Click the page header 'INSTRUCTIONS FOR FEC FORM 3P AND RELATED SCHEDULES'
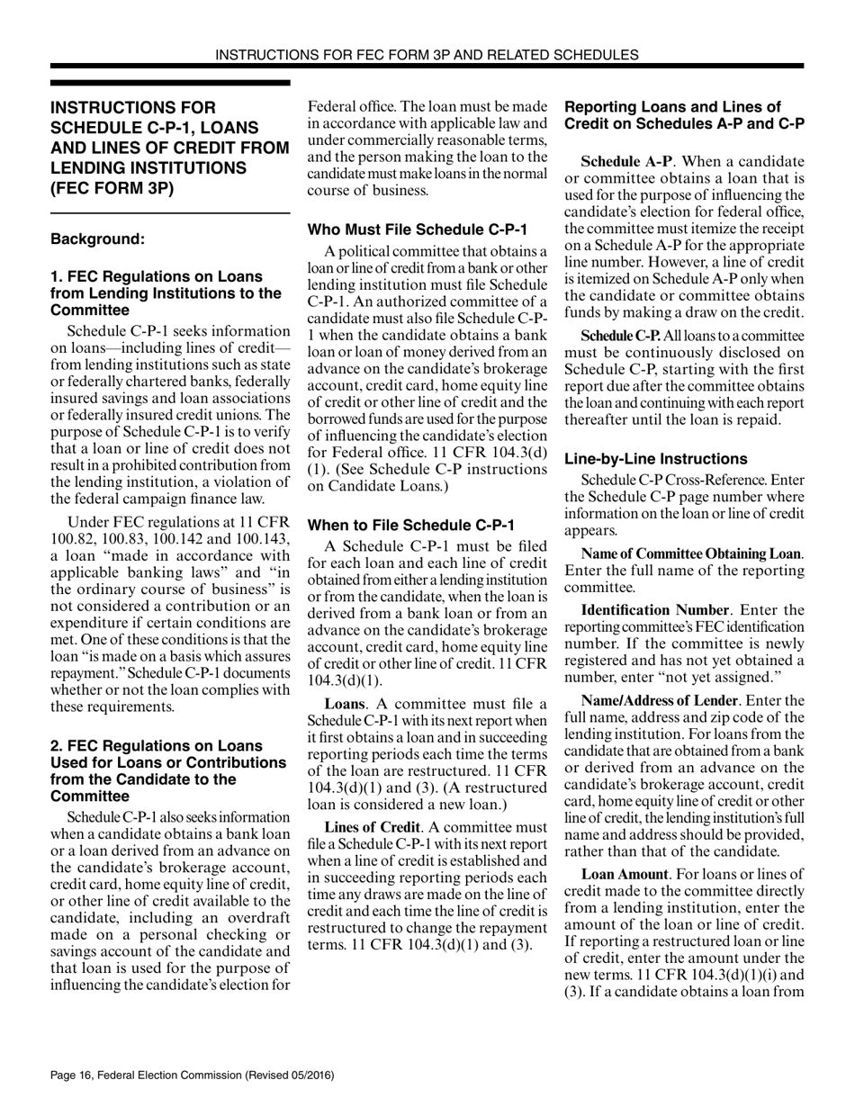[x=427, y=54]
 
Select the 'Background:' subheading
[x=97, y=239]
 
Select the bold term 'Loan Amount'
[x=621, y=874]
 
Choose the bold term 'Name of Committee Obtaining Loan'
[x=690, y=553]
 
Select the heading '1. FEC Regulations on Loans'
[x=157, y=276]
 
